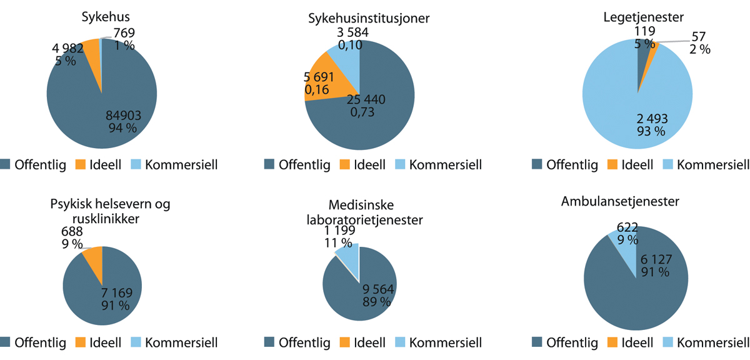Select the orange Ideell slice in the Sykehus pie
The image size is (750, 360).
(x=91, y=49)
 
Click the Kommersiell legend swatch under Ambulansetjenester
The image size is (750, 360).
(x=667, y=342)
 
